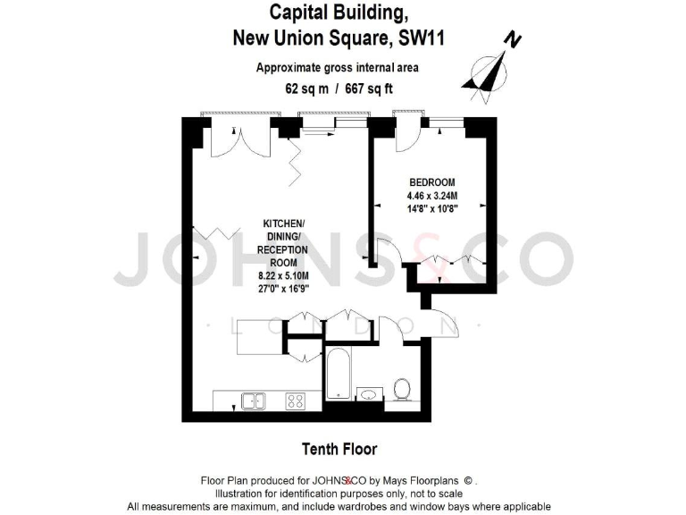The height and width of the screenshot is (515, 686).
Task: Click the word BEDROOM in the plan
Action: coord(431,182)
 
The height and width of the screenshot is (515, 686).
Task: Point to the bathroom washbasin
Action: coord(368,393)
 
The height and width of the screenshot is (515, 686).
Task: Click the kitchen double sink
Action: coord(253,401)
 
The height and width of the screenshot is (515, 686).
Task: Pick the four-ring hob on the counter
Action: coord(295,401)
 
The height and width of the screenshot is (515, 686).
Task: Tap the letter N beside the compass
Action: coord(512,39)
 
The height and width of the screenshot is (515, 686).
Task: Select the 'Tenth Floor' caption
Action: coord(339,449)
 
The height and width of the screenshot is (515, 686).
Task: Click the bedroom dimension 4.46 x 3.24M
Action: coord(431,197)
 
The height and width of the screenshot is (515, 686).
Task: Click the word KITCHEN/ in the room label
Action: coord(283,223)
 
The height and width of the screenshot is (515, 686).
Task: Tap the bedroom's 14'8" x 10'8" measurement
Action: coord(431,211)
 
